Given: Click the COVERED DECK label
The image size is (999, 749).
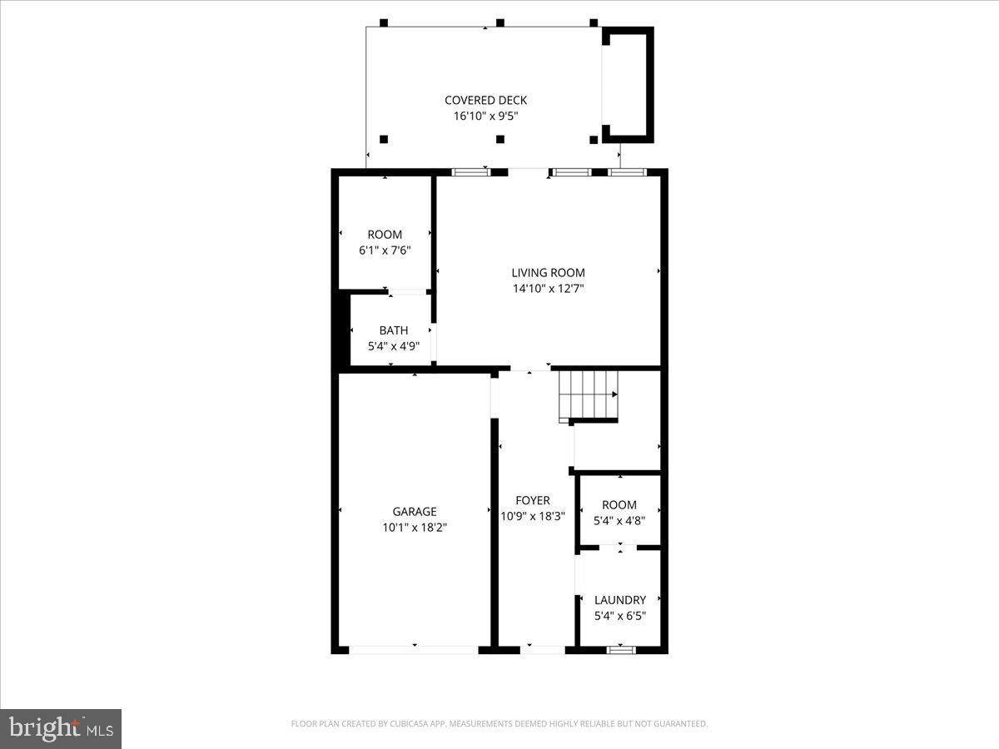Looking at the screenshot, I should [485, 101].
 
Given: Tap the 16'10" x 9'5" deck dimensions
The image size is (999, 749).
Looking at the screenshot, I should [485, 117].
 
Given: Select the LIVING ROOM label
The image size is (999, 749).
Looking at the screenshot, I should [548, 273].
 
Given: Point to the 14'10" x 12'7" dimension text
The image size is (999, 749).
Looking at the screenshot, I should [548, 289].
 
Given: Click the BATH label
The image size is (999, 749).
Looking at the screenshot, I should [393, 330].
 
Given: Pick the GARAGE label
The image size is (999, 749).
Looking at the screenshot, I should [415, 512].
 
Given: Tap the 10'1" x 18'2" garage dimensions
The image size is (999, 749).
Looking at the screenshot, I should [415, 527].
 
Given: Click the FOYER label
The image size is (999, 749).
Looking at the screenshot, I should [533, 501].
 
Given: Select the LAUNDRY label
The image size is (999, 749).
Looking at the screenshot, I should [619, 600].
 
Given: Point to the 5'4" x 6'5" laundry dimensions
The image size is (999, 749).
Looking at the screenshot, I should [619, 616].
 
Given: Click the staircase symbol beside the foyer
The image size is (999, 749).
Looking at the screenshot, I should [589, 394].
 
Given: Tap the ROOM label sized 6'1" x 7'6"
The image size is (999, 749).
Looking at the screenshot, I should [385, 235].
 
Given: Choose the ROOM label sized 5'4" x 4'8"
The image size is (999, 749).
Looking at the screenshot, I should [619, 505].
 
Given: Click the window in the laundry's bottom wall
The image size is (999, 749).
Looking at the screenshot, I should [620, 649].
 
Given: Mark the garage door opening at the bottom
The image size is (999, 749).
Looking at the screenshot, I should [414, 649].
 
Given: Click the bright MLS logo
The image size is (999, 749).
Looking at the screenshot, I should [61, 729].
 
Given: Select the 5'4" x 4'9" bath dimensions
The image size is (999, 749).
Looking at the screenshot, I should [393, 346].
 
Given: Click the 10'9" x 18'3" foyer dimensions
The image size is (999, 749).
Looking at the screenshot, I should [533, 516].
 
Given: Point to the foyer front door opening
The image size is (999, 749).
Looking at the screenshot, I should [542, 649].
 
